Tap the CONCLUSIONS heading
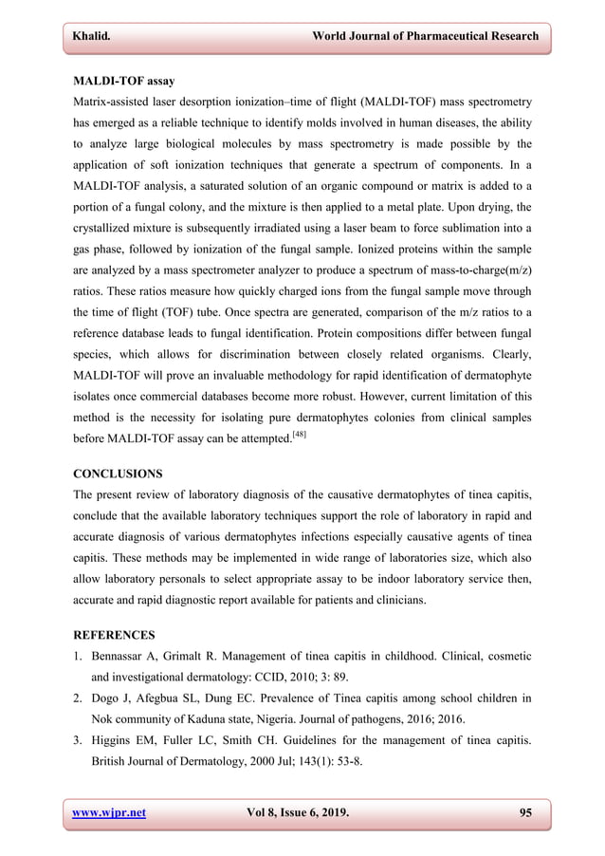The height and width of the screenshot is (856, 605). (118, 473)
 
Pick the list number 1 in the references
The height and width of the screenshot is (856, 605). (79, 655)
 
